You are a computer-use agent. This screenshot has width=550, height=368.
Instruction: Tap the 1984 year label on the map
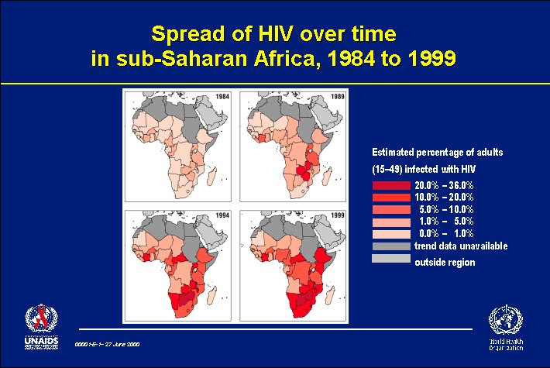[222, 96]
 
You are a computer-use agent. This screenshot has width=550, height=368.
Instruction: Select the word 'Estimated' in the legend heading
[394, 152]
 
